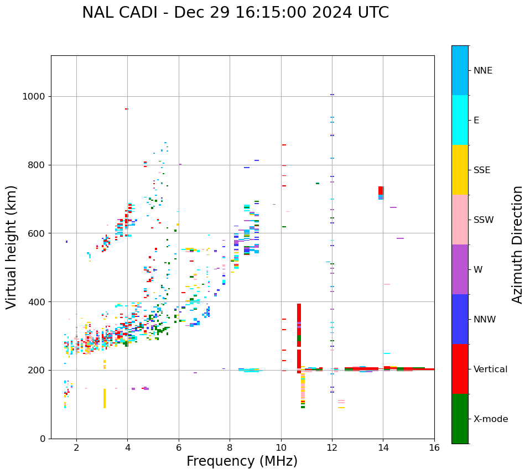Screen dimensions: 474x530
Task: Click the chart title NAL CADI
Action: click(235, 13)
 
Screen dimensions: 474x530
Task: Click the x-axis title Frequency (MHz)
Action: click(242, 461)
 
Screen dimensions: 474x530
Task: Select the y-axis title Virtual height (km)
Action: click(12, 247)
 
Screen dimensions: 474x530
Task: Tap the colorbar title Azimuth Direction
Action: click(517, 244)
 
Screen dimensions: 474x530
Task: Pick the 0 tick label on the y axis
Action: click(42, 439)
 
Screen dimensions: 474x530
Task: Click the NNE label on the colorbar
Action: click(482, 71)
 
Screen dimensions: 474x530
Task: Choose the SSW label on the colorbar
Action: click(484, 220)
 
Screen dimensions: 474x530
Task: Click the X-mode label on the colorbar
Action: click(490, 419)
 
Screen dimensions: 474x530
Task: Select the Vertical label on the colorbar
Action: click(490, 369)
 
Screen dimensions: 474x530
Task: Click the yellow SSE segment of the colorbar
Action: click(460, 170)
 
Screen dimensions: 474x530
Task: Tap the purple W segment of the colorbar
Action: click(460, 269)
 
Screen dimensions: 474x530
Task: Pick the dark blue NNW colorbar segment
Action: click(460, 319)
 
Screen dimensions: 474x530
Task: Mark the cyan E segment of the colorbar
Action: click(460, 120)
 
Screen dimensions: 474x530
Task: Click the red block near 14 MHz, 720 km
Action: click(381, 190)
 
